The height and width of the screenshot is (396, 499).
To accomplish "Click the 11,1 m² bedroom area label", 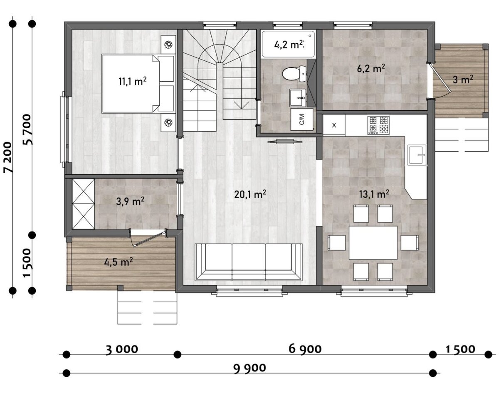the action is coord(132,81).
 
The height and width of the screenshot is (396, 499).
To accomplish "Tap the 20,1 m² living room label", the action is coord(250,194).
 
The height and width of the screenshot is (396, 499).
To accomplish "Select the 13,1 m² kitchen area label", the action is coord(374,194).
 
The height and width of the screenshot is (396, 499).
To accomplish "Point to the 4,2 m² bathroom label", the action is coord(288,44).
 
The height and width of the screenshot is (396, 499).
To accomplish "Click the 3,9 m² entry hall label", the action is coord(130,202).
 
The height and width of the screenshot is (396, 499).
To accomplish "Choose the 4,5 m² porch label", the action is coord(118,262).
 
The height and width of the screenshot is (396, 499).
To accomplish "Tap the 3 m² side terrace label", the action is coord(463,80).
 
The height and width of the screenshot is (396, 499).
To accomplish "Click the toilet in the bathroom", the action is coord(294,74).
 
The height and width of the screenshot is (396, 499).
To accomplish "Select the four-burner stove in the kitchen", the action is coord(378,125).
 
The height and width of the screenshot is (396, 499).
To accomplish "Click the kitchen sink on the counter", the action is coord(417,155).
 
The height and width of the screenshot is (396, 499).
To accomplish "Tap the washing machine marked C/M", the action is coord(301,119).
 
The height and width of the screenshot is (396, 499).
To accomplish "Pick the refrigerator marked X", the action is coord(334,125).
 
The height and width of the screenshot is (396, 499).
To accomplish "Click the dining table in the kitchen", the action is coord(373,243).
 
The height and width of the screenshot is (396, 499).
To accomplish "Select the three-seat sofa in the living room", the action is coord(249,262).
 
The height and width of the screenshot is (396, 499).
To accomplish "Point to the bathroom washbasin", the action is coord(298,98).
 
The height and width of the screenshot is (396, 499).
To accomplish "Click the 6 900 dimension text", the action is coord(305,349).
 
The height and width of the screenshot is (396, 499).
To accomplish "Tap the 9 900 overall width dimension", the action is coord(249,368).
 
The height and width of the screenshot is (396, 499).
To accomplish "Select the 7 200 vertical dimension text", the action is coord(8,157).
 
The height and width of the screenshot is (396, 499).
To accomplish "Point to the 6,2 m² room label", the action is coord(371,69).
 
